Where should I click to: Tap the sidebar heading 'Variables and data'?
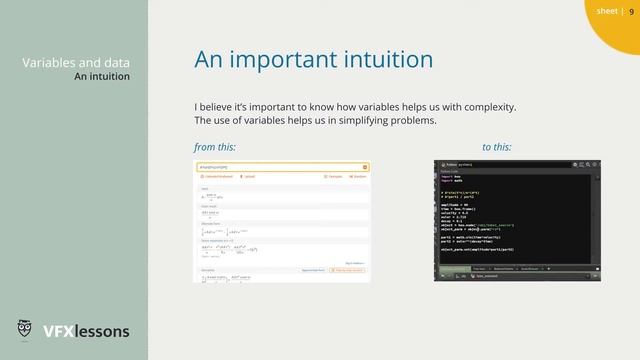(x=75, y=62)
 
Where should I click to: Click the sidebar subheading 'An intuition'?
(x=101, y=76)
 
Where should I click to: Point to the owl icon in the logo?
(x=26, y=330)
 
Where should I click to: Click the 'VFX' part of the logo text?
(x=57, y=331)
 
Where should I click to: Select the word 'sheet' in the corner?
(x=606, y=12)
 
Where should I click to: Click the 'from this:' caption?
(x=214, y=147)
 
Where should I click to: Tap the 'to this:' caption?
(x=496, y=147)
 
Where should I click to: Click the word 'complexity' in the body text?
(x=486, y=106)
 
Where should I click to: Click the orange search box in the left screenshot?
(x=281, y=167)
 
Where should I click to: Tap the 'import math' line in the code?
(x=451, y=182)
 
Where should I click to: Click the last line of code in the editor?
(x=478, y=248)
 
